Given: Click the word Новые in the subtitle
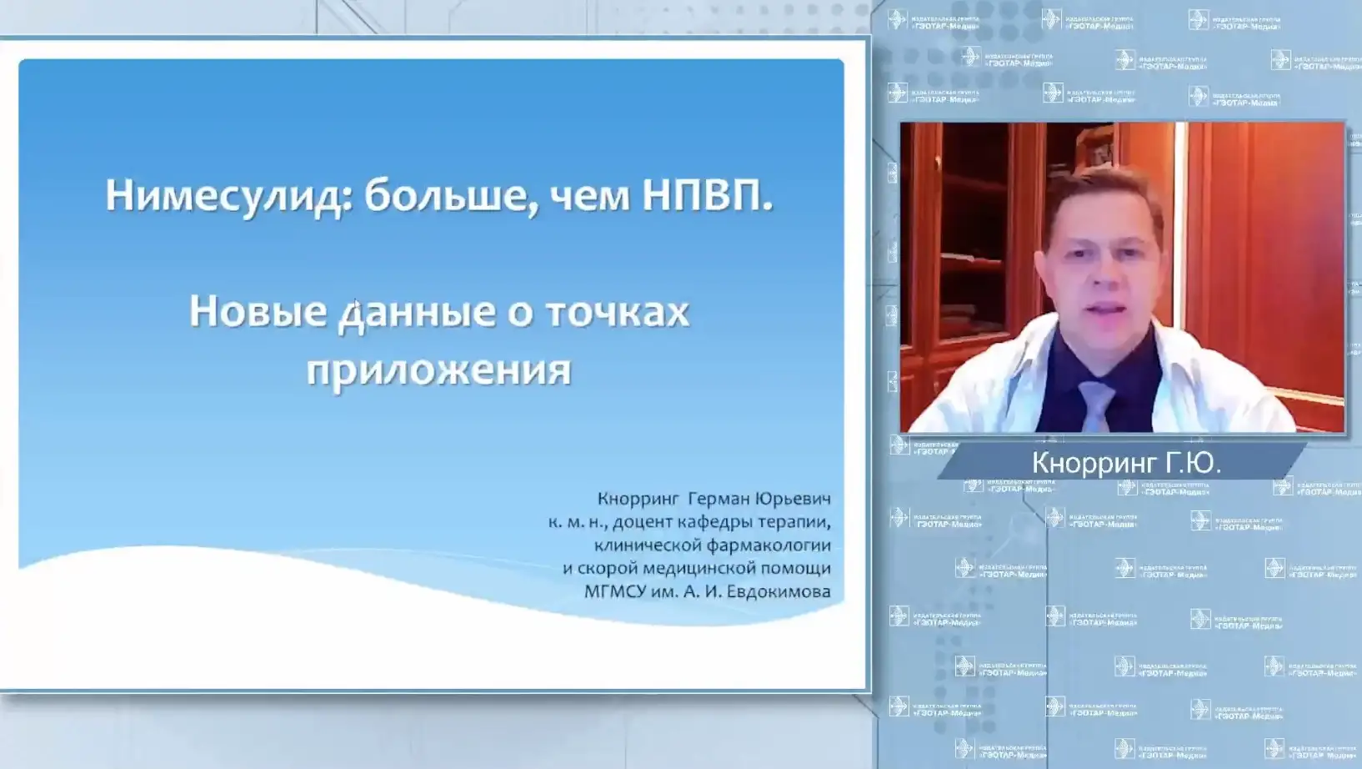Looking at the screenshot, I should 258,312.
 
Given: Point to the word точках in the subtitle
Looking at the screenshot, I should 618,312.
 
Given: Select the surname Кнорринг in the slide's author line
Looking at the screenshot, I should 638,499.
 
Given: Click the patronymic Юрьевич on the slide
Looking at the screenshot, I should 793,499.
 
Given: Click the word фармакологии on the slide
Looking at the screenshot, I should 771,545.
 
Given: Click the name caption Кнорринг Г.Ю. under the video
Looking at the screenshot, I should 1126,463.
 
